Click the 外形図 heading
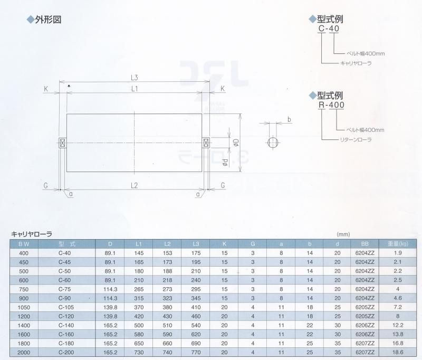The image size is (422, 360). pyautogui.click(x=48, y=20)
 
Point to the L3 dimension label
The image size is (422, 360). pyautogui.click(x=134, y=78)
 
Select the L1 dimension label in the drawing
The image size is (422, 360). pyautogui.click(x=135, y=89)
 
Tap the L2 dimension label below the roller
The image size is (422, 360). pyautogui.click(x=134, y=185)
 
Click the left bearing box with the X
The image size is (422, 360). pyautogui.click(x=63, y=143)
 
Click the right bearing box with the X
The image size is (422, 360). pyautogui.click(x=206, y=143)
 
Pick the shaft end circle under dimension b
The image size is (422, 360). pyautogui.click(x=273, y=143)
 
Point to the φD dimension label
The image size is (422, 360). pyautogui.click(x=236, y=143)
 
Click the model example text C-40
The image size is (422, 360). pyautogui.click(x=329, y=29)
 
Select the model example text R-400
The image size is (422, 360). pyautogui.click(x=331, y=105)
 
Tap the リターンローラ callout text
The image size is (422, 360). pyautogui.click(x=356, y=140)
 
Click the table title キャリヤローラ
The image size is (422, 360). pyautogui.click(x=32, y=234)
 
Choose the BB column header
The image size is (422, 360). pyautogui.click(x=365, y=244)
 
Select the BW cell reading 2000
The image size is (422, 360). pyautogui.click(x=24, y=353)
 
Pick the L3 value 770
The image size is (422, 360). pyautogui.click(x=196, y=353)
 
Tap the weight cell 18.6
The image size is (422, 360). pyautogui.click(x=398, y=353)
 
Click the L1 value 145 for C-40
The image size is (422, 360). pyautogui.click(x=139, y=253)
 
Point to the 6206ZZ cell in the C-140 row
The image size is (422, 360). pyautogui.click(x=365, y=325)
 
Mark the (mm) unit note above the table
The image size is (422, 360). pyautogui.click(x=343, y=234)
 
